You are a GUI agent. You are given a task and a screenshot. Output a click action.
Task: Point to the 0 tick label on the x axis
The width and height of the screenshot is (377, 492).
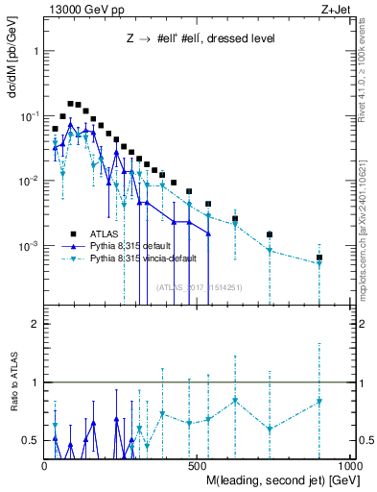(x=46, y=463)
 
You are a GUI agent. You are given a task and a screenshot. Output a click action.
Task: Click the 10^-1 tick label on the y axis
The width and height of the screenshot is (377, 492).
(x=30, y=116)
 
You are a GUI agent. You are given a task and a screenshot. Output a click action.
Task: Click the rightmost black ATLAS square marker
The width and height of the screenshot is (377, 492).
(x=319, y=258)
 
